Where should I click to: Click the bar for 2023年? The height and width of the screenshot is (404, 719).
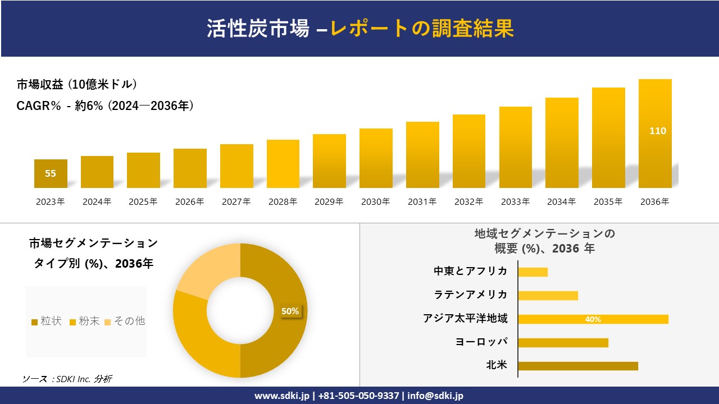point(51,173)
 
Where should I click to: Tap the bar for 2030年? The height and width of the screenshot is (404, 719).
point(376,158)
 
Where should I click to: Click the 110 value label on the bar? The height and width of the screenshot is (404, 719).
point(657,131)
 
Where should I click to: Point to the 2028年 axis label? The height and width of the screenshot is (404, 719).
point(283,202)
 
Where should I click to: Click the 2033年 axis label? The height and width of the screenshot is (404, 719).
point(515,202)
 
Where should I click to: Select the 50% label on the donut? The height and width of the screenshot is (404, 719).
point(290,311)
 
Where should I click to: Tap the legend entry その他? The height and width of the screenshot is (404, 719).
point(125,321)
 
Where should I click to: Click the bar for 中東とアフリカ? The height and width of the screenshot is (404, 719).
point(533,272)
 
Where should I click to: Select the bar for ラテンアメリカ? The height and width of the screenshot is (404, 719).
point(548,296)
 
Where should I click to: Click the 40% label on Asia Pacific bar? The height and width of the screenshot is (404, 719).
point(593,319)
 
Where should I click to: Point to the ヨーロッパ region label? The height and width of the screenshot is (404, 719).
point(481,342)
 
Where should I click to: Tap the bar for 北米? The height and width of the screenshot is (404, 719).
point(578,366)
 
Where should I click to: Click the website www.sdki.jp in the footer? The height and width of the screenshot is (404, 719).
point(282,396)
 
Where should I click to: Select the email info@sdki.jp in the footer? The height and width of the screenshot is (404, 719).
point(435,396)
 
